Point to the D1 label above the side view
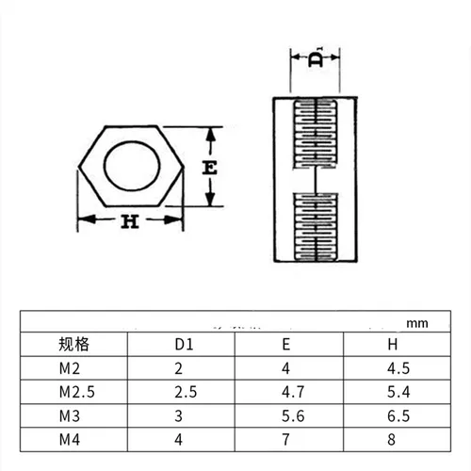pos(316,58)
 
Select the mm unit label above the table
pos(416,322)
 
